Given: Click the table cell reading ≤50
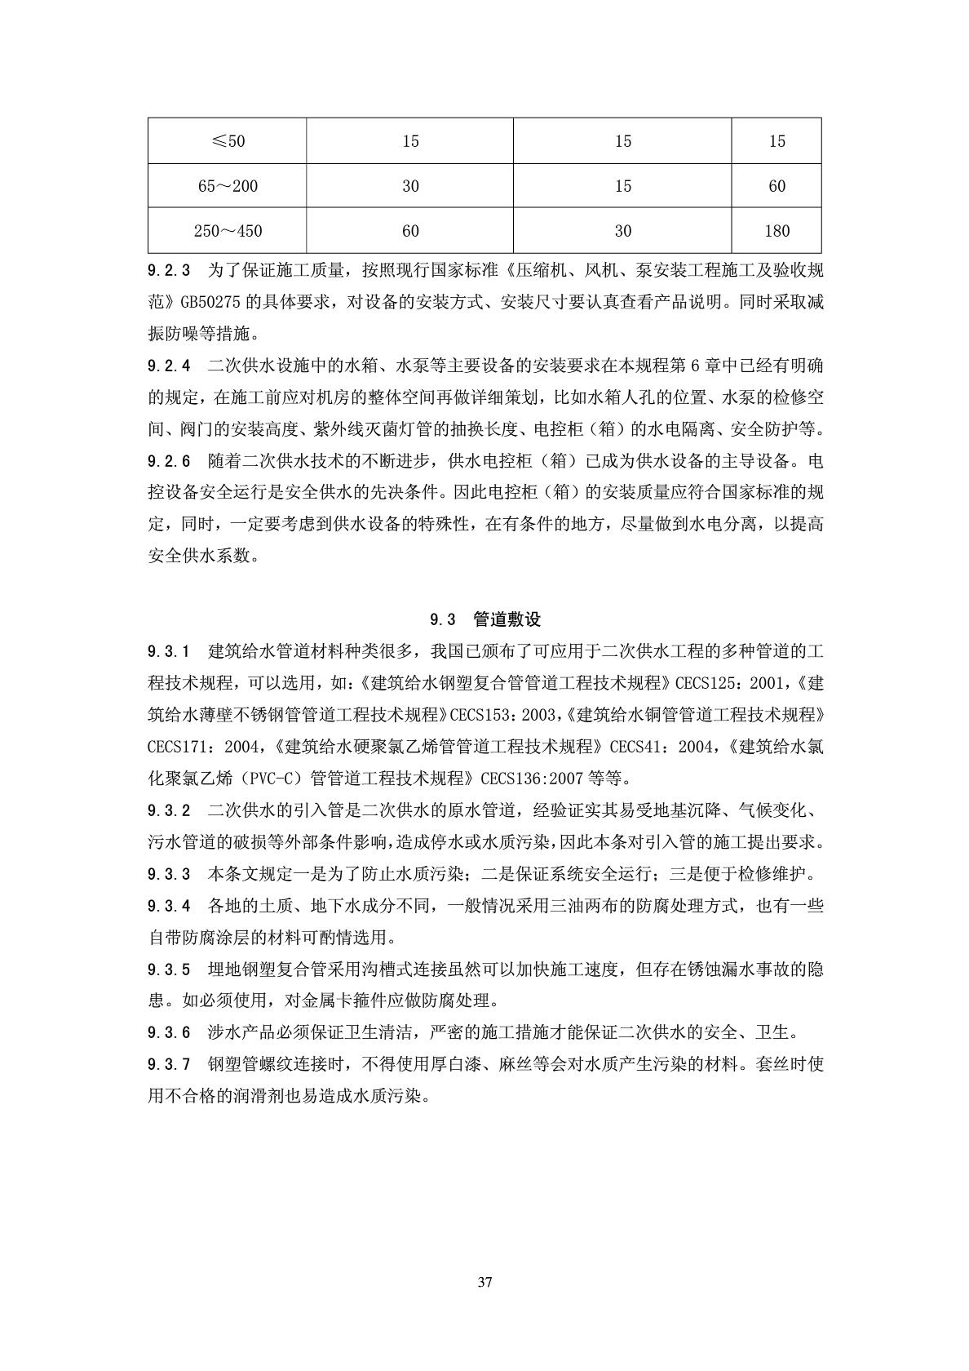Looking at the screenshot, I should coord(228,141).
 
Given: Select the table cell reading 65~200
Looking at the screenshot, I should coord(228,186).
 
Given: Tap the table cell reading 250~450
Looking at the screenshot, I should coord(228,231).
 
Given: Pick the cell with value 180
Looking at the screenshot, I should coord(777,231).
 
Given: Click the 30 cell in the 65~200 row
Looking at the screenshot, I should coord(410,186).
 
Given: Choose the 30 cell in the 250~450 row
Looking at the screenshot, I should coord(622,231).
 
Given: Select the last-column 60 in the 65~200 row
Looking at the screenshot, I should coord(777,186).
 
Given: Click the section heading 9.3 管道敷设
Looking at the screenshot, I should coord(485,619).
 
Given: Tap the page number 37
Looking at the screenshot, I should coord(484,1282).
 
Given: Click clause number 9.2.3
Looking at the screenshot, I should coord(169,270).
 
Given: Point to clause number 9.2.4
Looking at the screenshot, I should coord(169,366).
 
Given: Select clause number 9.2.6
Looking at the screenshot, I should coord(169,461).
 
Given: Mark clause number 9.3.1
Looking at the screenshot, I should coord(169,651).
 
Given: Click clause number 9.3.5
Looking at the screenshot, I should coord(169,969).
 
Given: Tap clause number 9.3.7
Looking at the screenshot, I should coord(169,1065).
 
